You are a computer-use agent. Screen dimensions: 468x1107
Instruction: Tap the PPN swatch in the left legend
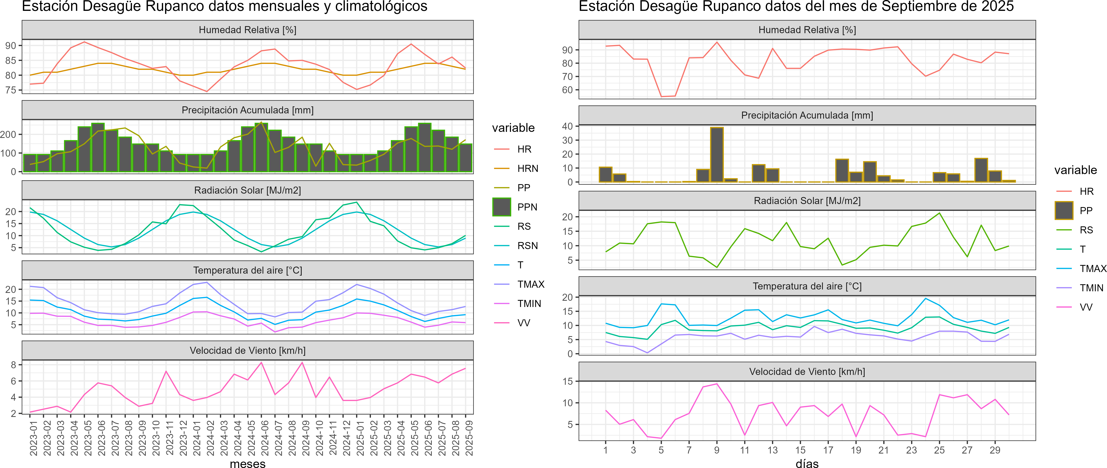click(x=501, y=207)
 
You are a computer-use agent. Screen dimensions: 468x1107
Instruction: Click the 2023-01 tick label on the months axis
click(x=34, y=438)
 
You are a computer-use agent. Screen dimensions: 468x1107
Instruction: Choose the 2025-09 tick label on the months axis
click(x=469, y=438)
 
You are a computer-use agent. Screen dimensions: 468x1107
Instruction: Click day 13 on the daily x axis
click(x=772, y=450)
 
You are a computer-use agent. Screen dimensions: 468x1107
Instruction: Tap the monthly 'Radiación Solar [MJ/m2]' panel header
click(x=247, y=190)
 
